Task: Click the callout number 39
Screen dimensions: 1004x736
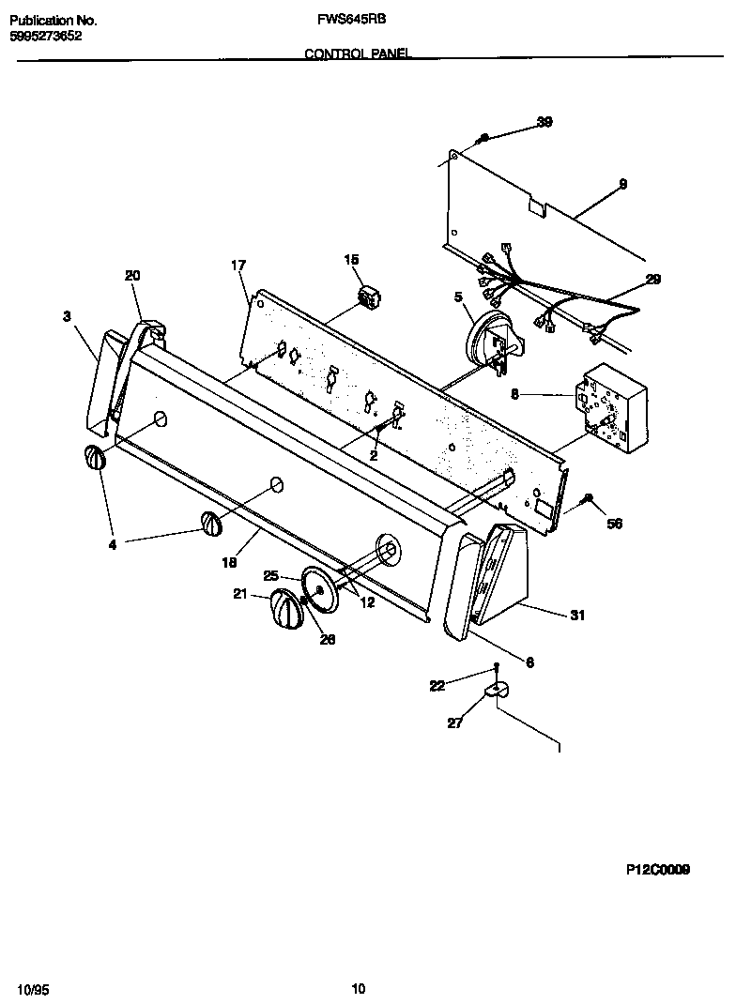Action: point(544,122)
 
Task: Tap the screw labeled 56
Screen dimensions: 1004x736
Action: point(588,499)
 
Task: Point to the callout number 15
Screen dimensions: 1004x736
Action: point(351,259)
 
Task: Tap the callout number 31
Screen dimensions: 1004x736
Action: point(577,616)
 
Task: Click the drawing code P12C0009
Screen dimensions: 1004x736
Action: point(658,870)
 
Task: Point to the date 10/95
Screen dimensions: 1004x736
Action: point(32,988)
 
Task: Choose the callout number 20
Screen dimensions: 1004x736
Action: point(131,275)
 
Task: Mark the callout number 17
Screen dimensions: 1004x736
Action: point(238,266)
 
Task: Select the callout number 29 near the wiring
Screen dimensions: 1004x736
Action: point(652,279)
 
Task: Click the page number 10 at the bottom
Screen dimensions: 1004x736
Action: point(358,988)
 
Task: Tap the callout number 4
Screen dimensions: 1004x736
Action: point(112,543)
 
